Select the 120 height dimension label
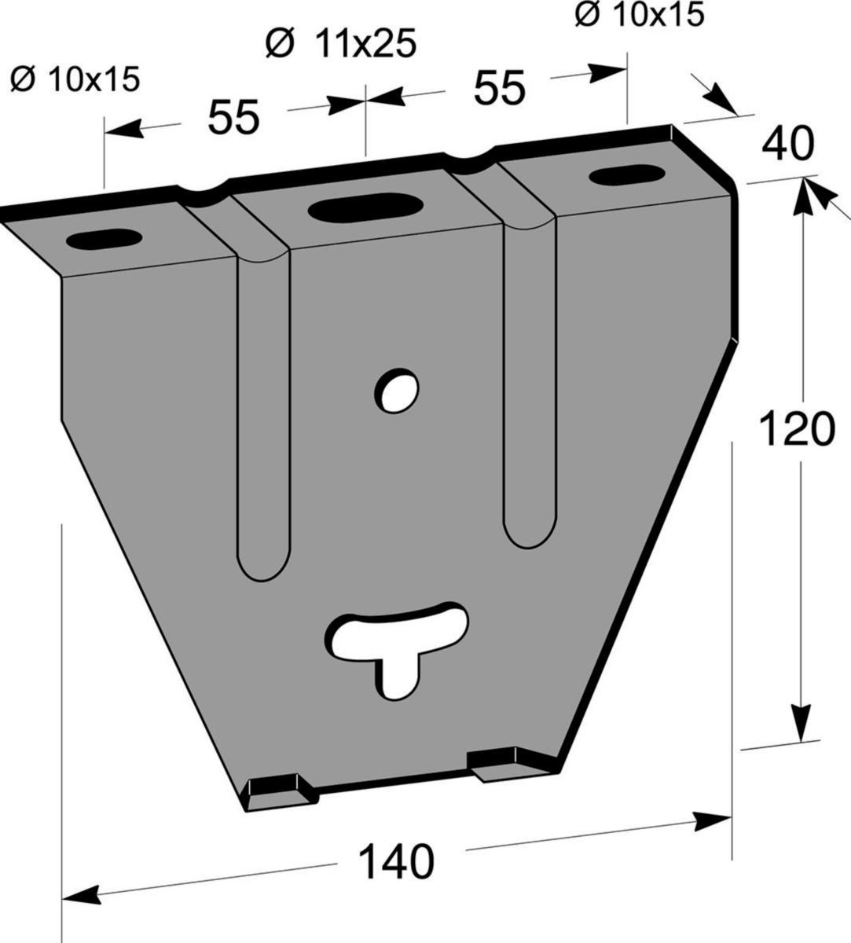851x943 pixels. pos(797,428)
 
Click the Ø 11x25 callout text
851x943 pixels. pos(341,44)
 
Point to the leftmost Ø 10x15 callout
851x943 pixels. pos(75,79)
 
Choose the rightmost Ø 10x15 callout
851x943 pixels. pos(640,15)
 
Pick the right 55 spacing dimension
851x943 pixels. pos(499,88)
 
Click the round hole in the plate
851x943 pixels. pos(397,391)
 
